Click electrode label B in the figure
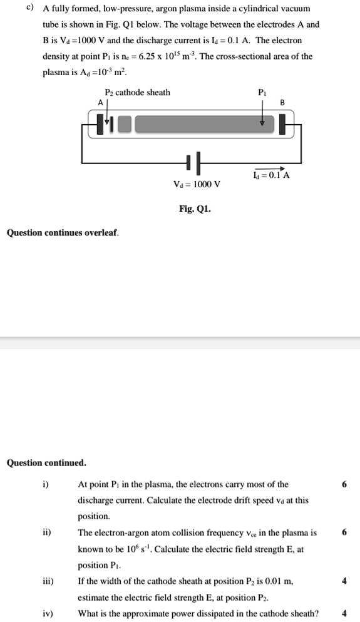(x=282, y=103)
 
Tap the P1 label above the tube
(x=262, y=93)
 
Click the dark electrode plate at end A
(x=100, y=124)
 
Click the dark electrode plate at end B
(x=282, y=124)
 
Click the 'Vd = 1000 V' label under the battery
(x=197, y=184)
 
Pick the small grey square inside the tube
(x=125, y=124)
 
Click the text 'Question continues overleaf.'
(x=62, y=233)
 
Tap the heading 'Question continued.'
(x=46, y=463)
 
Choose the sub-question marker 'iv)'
(x=48, y=614)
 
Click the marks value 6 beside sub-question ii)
(x=344, y=533)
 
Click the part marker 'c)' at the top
(x=29, y=9)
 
